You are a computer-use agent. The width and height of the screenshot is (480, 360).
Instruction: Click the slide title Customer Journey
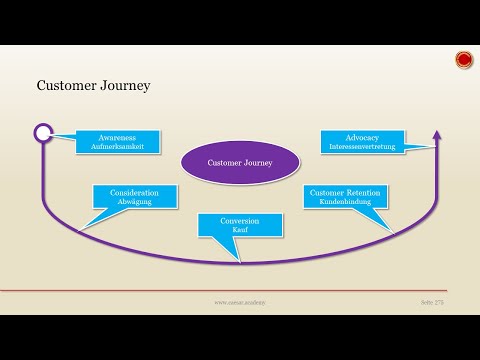click(x=93, y=86)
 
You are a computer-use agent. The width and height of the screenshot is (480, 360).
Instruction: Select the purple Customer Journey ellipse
click(x=239, y=160)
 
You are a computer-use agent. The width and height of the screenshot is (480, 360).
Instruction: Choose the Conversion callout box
click(x=240, y=225)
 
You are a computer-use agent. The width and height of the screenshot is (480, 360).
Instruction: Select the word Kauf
click(x=240, y=230)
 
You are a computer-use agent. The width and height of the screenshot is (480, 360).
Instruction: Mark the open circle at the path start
click(x=42, y=132)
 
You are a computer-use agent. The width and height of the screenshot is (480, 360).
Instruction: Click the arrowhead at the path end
click(x=436, y=134)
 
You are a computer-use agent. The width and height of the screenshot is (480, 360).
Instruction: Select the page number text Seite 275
click(x=431, y=301)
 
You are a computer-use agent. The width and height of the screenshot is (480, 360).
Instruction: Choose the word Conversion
click(x=240, y=220)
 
